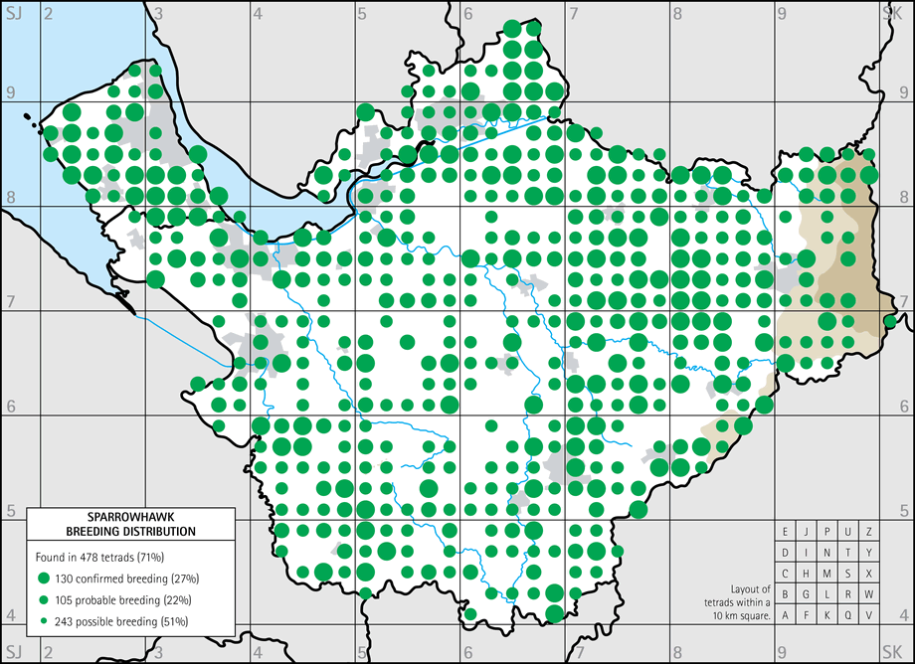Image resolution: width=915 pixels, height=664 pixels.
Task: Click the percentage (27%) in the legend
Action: (185, 579)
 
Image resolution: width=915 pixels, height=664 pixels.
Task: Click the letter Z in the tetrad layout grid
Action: (868, 531)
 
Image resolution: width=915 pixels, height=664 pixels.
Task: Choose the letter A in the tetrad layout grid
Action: (785, 614)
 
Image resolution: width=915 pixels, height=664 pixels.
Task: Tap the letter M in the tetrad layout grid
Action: (826, 573)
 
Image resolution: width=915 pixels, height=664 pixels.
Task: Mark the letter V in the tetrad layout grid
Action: (868, 614)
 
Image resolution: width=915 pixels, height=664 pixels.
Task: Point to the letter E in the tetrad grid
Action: (785, 531)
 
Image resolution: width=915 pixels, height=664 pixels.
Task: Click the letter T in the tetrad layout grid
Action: (847, 552)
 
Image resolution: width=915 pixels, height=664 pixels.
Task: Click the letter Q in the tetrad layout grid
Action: (847, 614)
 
